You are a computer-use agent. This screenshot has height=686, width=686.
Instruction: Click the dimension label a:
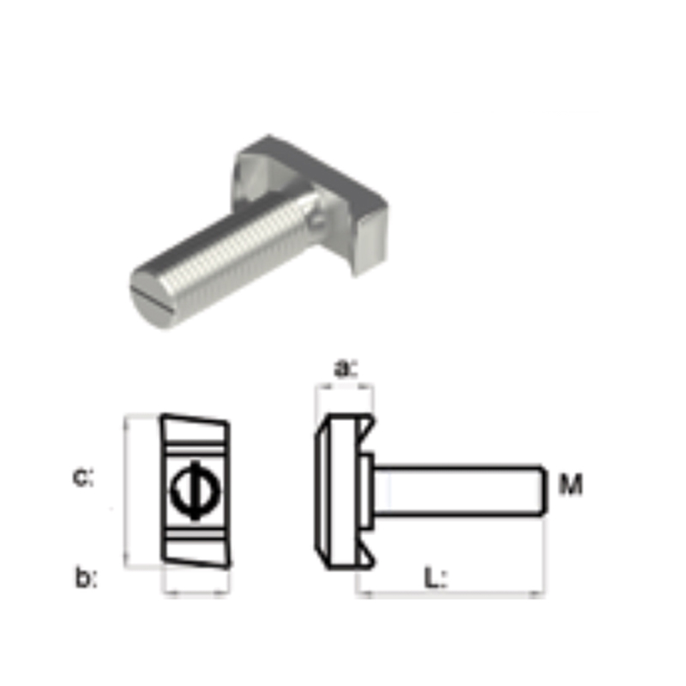tap(346, 369)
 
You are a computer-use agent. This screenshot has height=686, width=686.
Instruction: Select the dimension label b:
tap(87, 577)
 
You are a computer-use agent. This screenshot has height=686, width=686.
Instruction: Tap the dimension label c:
tap(82, 478)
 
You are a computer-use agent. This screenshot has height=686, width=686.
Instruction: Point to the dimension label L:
tap(436, 577)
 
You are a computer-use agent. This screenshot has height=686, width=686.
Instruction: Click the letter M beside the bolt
tap(571, 484)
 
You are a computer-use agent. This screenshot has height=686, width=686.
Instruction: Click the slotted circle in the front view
tap(196, 490)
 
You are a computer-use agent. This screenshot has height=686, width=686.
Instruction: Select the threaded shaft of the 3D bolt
tap(227, 258)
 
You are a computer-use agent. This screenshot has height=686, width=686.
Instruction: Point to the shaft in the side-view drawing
tap(460, 490)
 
